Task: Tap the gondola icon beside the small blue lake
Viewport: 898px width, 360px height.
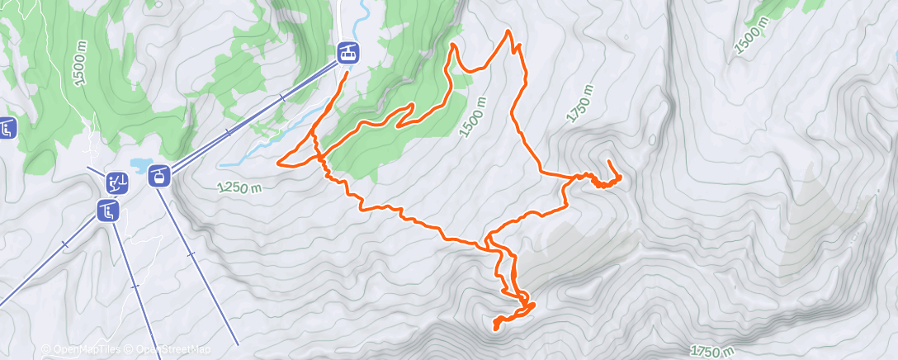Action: (159, 175)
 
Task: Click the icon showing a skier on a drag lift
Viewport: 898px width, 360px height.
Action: (117, 182)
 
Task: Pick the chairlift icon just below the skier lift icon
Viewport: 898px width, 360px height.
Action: (108, 211)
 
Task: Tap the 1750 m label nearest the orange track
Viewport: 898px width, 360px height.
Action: (580, 103)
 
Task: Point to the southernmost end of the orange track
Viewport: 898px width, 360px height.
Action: (495, 328)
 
